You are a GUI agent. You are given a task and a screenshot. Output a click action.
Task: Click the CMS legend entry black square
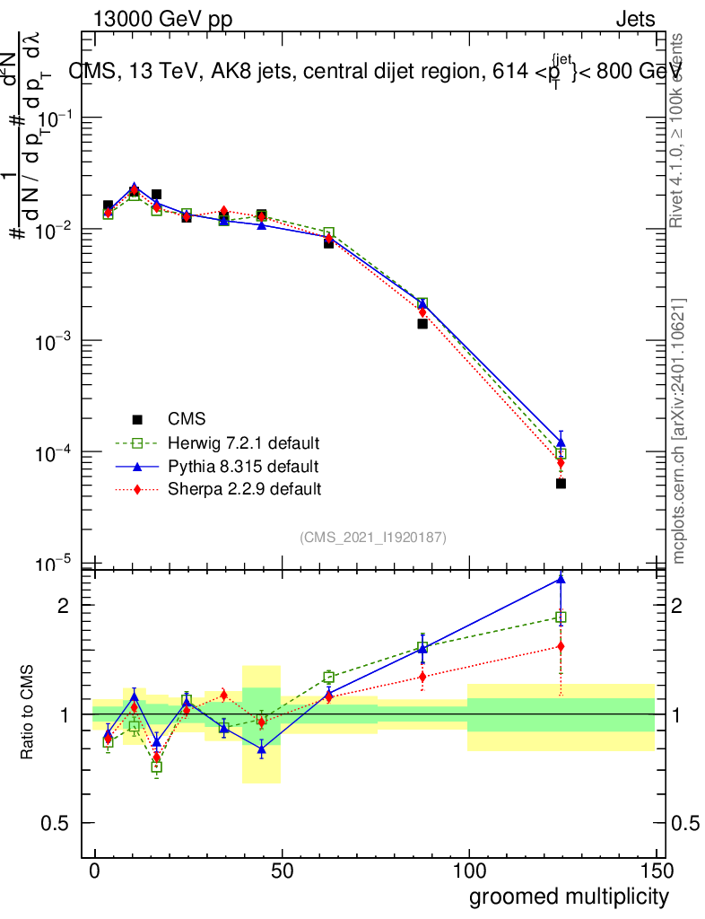137,419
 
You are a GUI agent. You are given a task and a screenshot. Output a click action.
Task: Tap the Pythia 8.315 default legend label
243,467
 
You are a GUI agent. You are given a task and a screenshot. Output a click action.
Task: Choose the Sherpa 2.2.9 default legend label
245,490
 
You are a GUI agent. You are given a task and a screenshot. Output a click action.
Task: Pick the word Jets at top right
634,20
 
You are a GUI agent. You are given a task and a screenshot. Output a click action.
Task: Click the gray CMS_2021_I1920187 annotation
373,538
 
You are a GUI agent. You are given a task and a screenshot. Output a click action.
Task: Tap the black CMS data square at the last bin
561,483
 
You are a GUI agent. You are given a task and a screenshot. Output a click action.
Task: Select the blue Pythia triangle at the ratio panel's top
561,579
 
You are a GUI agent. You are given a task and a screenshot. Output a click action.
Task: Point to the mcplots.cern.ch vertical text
679,431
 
